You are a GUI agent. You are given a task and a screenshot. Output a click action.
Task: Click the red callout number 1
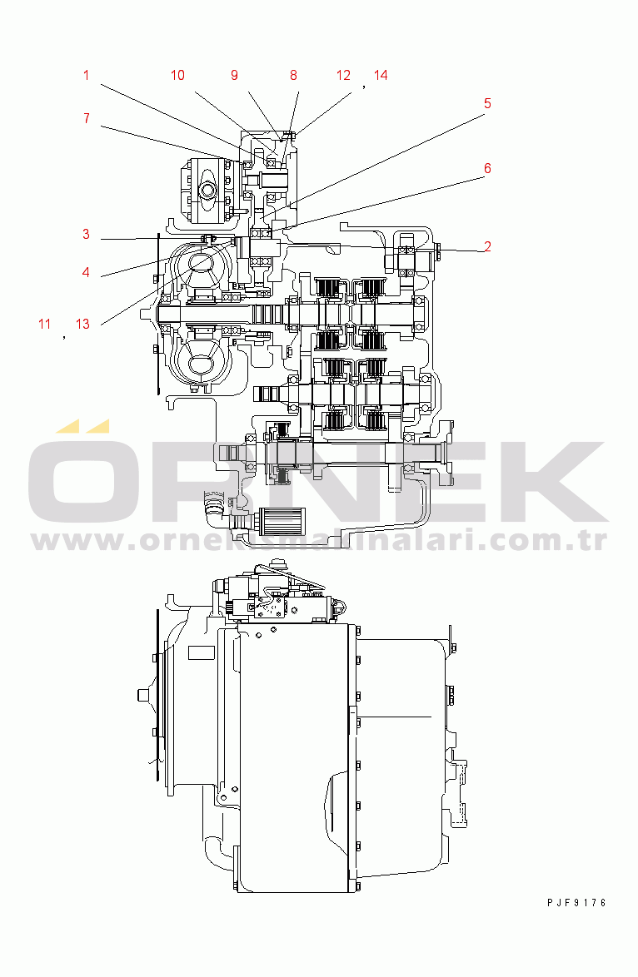point(86,76)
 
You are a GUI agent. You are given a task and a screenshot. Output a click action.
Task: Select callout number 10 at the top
point(177,76)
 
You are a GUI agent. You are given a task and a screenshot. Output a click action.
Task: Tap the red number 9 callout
point(235,76)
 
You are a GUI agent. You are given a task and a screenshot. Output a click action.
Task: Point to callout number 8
point(293,76)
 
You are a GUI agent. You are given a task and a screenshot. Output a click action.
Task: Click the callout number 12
point(344,76)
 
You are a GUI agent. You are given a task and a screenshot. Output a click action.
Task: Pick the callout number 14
point(381,76)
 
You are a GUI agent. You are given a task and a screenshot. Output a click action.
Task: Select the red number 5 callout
point(488,103)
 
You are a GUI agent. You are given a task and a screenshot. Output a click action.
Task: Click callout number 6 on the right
point(488,168)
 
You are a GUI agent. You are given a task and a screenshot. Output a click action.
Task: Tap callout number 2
point(488,246)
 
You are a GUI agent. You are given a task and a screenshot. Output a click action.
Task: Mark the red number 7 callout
point(86,118)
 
